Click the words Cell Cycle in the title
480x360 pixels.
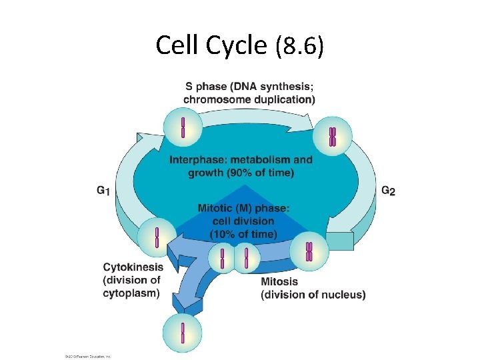tap(212, 45)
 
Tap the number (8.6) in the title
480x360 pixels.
tap(299, 46)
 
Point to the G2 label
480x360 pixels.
tap(388, 191)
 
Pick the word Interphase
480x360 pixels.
tap(198, 160)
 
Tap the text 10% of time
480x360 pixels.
tap(243, 233)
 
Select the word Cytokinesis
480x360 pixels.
tap(133, 267)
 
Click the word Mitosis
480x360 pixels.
tap(280, 281)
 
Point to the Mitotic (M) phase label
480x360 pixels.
tap(243, 208)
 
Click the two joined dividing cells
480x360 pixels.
tap(234, 258)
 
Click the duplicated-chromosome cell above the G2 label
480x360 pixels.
tap(332, 136)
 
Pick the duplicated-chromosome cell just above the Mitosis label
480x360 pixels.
tap(309, 251)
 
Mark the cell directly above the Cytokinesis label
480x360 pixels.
tap(157, 237)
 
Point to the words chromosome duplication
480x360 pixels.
tap(249, 99)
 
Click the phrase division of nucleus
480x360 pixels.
tap(313, 295)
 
